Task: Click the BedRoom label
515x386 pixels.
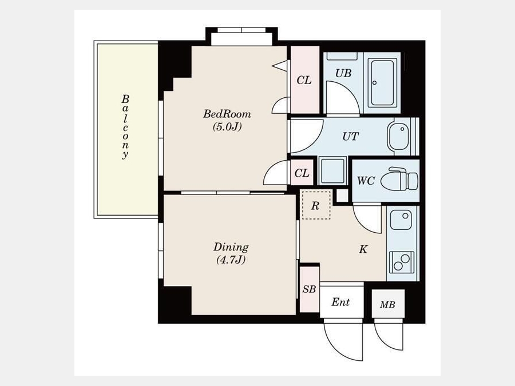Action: (x=227, y=114)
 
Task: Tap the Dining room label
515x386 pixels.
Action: (x=231, y=247)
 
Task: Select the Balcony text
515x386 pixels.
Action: (x=125, y=127)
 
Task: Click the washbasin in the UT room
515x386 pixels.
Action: (x=399, y=136)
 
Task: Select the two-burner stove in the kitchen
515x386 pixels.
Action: (x=401, y=262)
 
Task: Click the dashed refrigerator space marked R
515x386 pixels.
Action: (x=316, y=205)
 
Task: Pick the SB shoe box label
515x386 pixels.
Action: (x=309, y=289)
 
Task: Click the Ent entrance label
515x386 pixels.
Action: (x=340, y=301)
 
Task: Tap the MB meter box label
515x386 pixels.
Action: (x=387, y=305)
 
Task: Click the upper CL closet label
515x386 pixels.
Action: (x=304, y=80)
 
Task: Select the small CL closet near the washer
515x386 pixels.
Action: (x=302, y=173)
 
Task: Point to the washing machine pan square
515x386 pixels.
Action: (x=332, y=170)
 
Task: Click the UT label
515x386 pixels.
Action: (x=350, y=136)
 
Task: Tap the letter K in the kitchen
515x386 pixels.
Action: (x=363, y=249)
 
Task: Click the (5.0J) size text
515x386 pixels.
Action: (x=227, y=127)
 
